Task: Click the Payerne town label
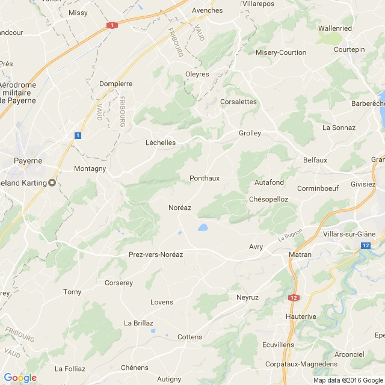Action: coord(28,161)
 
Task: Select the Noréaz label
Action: coord(180,208)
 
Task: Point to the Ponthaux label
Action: coord(205,178)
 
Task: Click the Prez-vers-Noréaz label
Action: coord(156,254)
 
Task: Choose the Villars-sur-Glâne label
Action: coord(349,234)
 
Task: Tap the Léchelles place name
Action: coord(161,143)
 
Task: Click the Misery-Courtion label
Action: coord(281,52)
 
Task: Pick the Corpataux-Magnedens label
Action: coord(301,364)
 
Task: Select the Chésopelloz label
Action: coord(268,199)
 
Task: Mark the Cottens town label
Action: coord(190,337)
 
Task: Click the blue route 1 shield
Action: coord(78,136)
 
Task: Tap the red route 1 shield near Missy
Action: coord(111,26)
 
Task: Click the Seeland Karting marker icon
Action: coord(52,183)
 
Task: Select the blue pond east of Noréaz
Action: coord(203,227)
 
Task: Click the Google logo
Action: coord(20,378)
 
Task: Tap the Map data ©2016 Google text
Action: coord(348,380)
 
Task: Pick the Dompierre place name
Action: coord(115,84)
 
